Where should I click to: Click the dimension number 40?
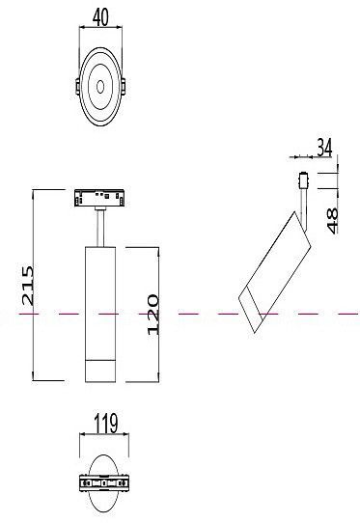pyautogui.click(x=100, y=16)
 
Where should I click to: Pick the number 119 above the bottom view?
pyautogui.click(x=105, y=421)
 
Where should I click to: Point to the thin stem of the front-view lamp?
pyautogui.click(x=100, y=230)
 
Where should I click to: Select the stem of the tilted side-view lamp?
pyautogui.click(x=306, y=203)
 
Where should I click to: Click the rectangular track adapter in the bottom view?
pyautogui.click(x=105, y=482)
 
